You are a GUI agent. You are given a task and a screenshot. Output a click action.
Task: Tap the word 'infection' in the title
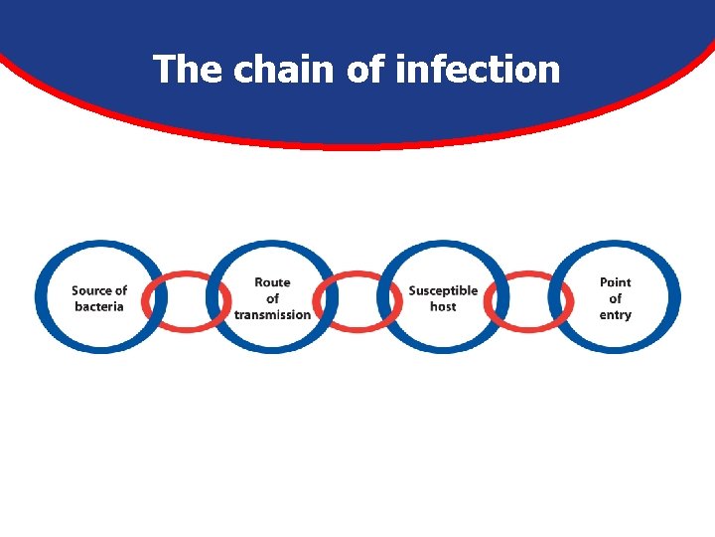(478, 70)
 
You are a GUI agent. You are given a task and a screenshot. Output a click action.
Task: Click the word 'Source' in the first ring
(91, 290)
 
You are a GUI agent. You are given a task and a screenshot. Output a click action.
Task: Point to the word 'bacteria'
(99, 306)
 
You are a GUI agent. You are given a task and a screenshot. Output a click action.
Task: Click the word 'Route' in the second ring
(272, 282)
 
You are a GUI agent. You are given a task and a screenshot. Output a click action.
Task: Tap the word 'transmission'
(272, 315)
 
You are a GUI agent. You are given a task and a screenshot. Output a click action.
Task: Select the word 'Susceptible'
(443, 290)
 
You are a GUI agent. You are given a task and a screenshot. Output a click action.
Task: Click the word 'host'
(443, 306)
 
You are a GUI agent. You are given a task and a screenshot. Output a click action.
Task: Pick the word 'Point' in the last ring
(615, 282)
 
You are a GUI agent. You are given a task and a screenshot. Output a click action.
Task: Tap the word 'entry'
(615, 315)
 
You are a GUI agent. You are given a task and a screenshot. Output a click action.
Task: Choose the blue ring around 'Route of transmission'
(272, 246)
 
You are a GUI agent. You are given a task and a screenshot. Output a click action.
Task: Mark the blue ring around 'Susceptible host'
(443, 246)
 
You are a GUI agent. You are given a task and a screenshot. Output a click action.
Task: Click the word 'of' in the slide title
(365, 70)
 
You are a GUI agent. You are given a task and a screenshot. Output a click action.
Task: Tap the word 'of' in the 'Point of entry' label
(615, 298)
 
